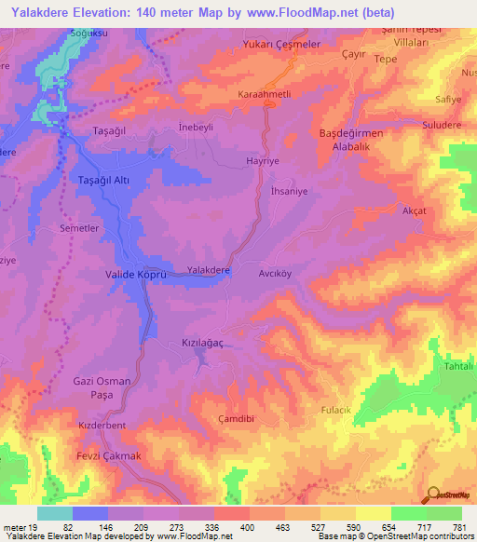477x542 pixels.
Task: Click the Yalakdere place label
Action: pyautogui.click(x=209, y=270)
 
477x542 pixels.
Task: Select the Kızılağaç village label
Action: pyautogui.click(x=202, y=344)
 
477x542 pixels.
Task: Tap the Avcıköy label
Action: pyautogui.click(x=276, y=275)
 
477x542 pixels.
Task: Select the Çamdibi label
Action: pyautogui.click(x=237, y=419)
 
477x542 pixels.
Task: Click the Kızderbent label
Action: pyautogui.click(x=102, y=426)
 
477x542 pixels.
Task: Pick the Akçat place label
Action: pyautogui.click(x=413, y=211)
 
